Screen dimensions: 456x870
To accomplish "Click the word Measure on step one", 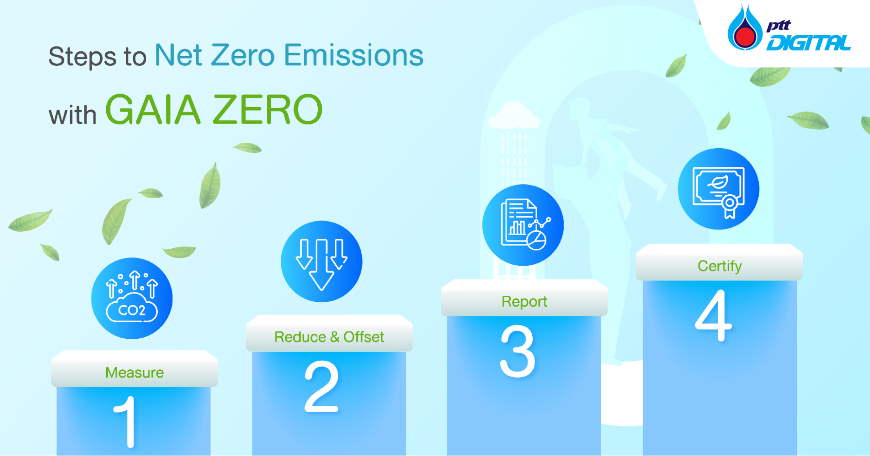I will click(134, 372).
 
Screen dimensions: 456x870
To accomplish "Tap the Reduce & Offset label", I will click(329, 337).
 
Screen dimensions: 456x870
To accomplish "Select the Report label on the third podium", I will click(524, 301).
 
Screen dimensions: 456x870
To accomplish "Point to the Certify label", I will click(719, 266).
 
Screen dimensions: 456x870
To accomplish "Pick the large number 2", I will click(321, 386).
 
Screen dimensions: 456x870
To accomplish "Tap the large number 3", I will click(517, 351).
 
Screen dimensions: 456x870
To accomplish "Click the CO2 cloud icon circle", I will click(132, 298).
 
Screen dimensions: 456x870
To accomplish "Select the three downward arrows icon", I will click(322, 261).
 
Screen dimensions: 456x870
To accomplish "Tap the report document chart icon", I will click(523, 225).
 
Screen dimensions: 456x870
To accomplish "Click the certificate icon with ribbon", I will click(719, 189).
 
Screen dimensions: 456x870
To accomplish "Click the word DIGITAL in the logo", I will click(808, 43).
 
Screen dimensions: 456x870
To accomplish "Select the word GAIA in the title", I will click(153, 110).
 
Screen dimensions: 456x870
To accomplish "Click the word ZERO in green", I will click(268, 110).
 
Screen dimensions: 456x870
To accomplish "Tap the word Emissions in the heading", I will click(353, 55).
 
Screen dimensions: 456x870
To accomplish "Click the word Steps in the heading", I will click(82, 57).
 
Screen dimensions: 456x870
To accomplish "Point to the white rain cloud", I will click(514, 116).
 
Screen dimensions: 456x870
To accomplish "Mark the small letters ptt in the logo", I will click(779, 25).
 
